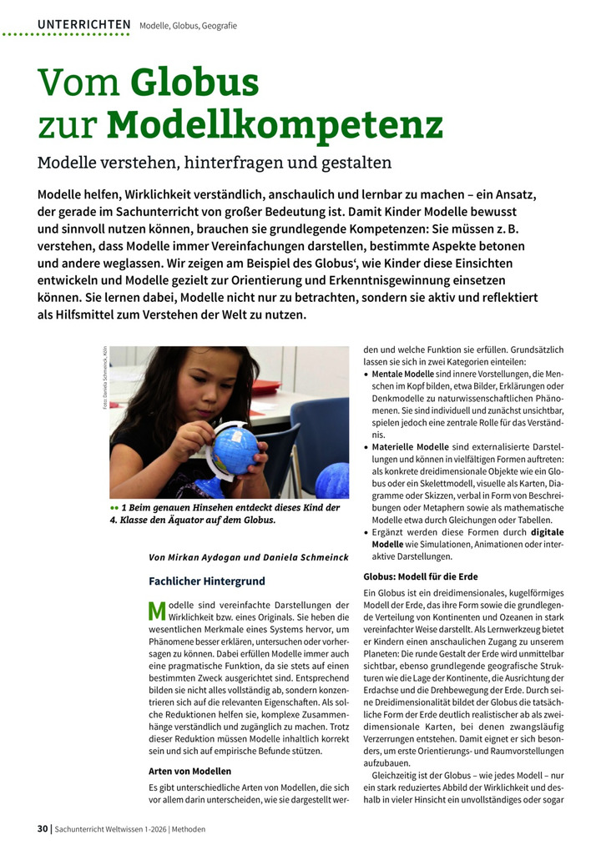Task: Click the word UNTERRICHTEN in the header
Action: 83,25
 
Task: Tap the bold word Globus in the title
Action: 194,83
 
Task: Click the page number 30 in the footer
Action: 43,829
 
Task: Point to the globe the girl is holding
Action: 235,451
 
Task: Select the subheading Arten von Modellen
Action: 189,771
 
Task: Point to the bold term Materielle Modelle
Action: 410,446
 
